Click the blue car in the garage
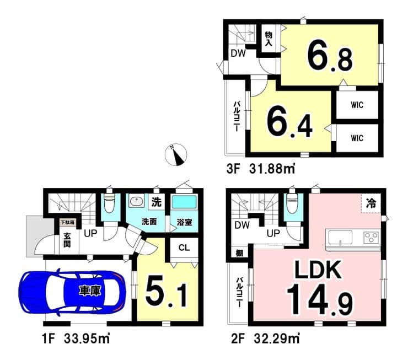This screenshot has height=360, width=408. pos(72,291)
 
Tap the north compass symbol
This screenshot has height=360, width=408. pos(176,155)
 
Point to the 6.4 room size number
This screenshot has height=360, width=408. pos(289,122)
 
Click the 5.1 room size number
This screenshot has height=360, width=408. pos(167,292)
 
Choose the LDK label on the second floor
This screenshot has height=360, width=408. pos(318,270)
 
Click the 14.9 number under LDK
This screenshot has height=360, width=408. pos(320,299)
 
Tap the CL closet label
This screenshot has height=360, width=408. pos(184,248)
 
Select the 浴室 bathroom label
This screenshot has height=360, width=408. pos(184,222)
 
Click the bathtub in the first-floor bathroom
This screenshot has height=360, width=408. pos(184,202)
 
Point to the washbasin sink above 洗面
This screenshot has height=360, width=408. pos(137,202)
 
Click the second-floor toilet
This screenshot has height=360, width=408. pos(292,203)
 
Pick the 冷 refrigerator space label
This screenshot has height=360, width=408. pos(371,203)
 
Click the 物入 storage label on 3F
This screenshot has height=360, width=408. pos(269,39)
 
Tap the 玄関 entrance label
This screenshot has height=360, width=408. pos(67,240)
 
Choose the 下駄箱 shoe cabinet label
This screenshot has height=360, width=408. pos(67,223)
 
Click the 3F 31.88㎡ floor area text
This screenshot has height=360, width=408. pos(261,169)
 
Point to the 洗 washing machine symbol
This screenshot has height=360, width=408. pos(157,202)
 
